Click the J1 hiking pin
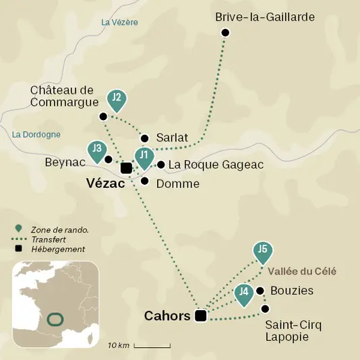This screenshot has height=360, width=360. coord(144,157)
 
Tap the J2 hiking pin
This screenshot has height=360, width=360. coord(117,98)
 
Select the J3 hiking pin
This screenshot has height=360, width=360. coord(98,149)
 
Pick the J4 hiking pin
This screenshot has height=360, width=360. coord(244,293)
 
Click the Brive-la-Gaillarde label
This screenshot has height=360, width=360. coord(264,17)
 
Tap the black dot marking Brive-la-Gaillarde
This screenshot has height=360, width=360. coord(226,33)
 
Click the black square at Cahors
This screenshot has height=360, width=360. coord(200,316)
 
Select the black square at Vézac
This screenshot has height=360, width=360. coord(126,168)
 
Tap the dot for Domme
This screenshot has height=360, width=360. coord(144,181)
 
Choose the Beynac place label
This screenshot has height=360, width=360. coord(65,162)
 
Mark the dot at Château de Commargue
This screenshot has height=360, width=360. coord(103,117)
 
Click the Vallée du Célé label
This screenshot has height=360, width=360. coord(301,272)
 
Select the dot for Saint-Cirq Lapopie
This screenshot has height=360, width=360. coord(265,309)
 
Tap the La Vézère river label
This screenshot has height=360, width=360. coord(119,22)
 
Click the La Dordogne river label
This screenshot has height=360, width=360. coord(36,135)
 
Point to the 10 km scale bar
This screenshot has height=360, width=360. coord(151,346)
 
